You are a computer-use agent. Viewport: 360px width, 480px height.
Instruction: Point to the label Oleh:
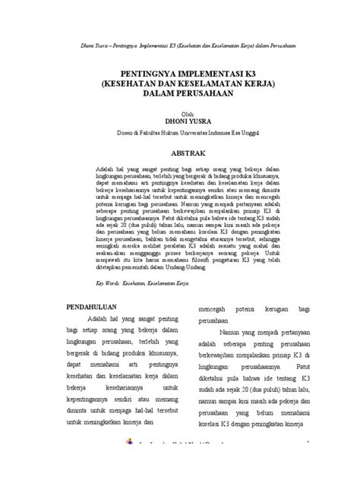[180, 110]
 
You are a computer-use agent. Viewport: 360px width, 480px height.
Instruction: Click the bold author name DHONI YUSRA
[180, 118]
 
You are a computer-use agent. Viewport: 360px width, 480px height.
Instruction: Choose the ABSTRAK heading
[180, 153]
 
